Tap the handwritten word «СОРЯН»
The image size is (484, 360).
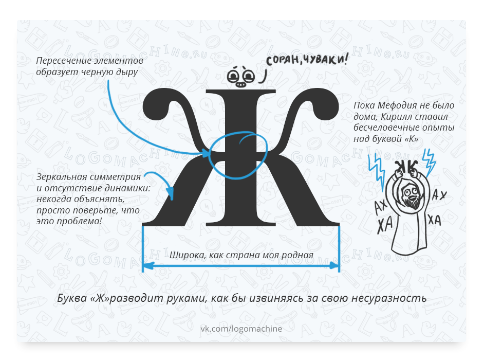(284, 61)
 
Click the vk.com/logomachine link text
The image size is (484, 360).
(241, 328)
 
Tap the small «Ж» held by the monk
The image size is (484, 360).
(406, 166)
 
